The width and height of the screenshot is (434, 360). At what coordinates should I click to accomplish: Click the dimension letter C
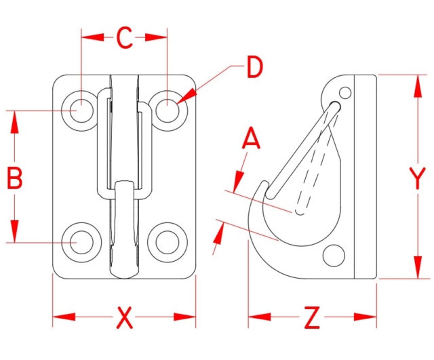[x=124, y=39]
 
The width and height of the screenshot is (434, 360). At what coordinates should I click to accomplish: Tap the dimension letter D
[x=253, y=68]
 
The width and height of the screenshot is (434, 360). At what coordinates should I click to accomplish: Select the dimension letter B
[x=15, y=179]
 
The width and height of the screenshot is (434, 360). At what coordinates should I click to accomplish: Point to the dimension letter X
[x=124, y=317]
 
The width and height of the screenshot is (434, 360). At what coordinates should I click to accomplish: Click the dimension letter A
[x=252, y=140]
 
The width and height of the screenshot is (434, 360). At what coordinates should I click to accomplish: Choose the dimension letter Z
[x=311, y=317]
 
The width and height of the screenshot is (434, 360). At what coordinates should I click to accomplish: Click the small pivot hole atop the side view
[x=346, y=92]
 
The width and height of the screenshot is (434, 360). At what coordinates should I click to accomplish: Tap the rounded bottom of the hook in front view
[x=124, y=271]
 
